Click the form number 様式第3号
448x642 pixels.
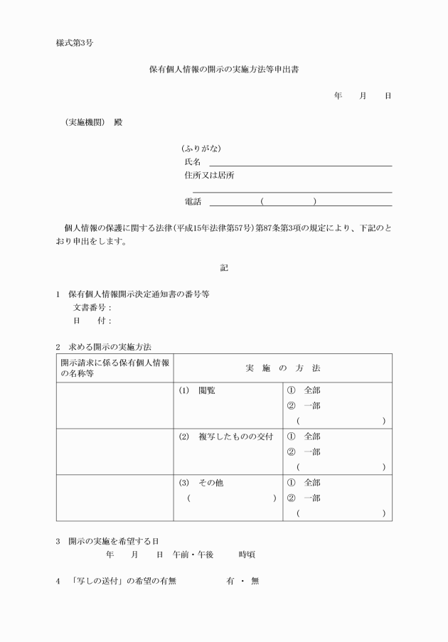point(75,43)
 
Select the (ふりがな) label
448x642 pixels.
point(201,149)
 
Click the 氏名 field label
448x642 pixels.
point(193,162)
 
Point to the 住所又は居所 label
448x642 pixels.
point(209,176)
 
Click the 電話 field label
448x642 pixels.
point(193,202)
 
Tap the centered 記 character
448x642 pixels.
point(224,268)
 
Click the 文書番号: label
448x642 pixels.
point(93,308)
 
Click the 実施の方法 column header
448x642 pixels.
point(283,368)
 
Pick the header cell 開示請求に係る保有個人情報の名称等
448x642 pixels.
point(114,368)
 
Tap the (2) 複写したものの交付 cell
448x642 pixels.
point(225,437)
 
